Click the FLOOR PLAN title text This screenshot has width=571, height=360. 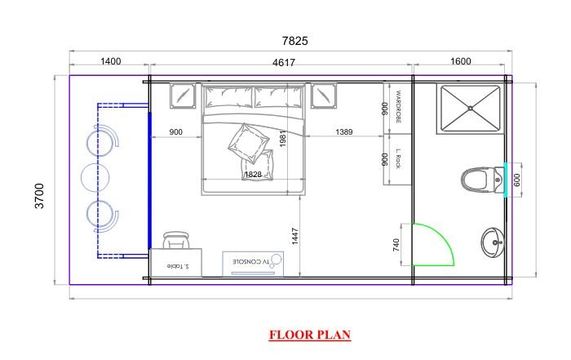(310, 335)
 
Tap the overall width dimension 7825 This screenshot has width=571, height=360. (295, 41)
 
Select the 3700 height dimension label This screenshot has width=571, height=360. (39, 196)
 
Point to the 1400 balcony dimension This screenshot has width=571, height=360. (111, 61)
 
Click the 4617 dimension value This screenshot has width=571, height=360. (284, 63)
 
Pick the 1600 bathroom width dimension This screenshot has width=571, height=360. (461, 61)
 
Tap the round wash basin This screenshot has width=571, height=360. (493, 242)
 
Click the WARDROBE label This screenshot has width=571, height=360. (398, 106)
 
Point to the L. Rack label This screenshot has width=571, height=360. (398, 158)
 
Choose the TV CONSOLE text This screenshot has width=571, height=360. (251, 261)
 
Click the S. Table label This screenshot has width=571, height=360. (178, 266)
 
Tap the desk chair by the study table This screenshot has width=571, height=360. (177, 240)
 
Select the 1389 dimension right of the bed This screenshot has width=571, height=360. (344, 131)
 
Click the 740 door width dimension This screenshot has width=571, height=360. (396, 245)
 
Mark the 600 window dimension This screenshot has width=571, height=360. (516, 180)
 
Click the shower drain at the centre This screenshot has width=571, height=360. (471, 109)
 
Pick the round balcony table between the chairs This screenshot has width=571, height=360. (95, 178)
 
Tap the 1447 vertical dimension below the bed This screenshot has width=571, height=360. (295, 236)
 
